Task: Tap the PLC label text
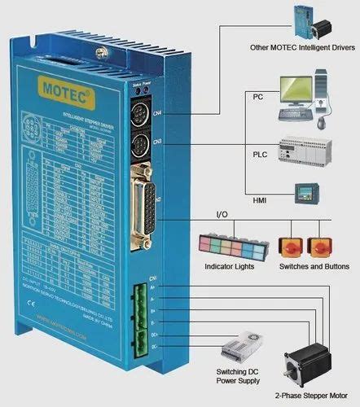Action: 260,154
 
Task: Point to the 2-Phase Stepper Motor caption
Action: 313,397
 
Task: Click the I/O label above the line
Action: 222,215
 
